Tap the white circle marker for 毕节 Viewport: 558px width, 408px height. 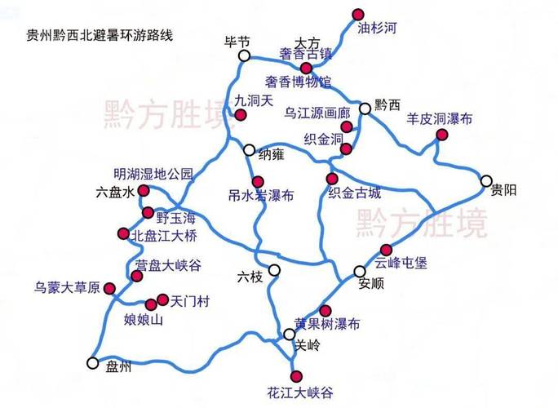pyautogui.click(x=244, y=55)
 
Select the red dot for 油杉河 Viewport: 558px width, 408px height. pyautogui.click(x=357, y=13)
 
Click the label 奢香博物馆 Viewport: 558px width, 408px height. pyautogui.click(x=299, y=82)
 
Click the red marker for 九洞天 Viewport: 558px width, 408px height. pyautogui.click(x=240, y=116)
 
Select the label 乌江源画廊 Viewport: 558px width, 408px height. pyautogui.click(x=317, y=112)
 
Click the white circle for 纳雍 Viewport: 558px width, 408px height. pyautogui.click(x=250, y=149)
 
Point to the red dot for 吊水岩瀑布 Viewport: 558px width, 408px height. pyautogui.click(x=258, y=181)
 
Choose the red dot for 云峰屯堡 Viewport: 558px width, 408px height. pyautogui.click(x=386, y=250)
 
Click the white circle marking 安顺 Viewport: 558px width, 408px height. pyautogui.click(x=360, y=271)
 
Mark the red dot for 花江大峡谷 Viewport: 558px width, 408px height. pyautogui.click(x=296, y=375)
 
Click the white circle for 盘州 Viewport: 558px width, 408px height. pyautogui.click(x=92, y=364)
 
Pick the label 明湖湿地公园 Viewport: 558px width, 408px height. pyautogui.click(x=153, y=174)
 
